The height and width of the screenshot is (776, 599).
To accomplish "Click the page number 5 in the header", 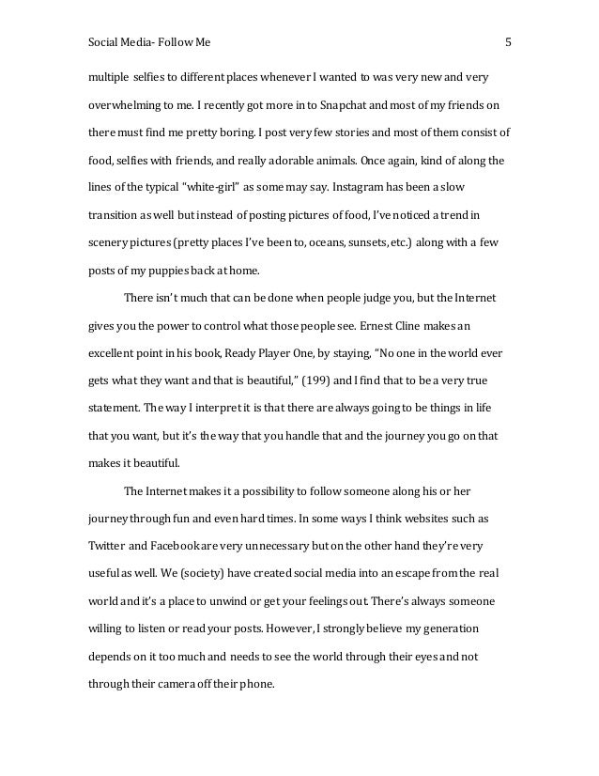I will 508,42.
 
